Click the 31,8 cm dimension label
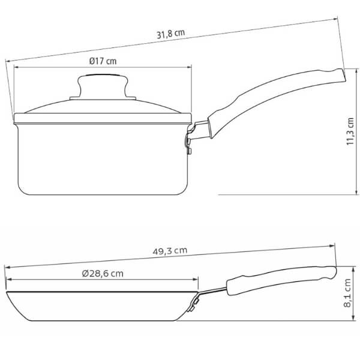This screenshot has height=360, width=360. pos(170,34)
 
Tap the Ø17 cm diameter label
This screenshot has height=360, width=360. pos(103,61)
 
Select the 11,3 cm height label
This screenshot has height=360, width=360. pos(350,131)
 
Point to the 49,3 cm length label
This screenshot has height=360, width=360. pos(170,251)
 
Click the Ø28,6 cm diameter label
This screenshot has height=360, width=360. pos(103,274)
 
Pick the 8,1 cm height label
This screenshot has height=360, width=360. pos(347,293)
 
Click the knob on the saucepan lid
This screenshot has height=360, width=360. pos(103,87)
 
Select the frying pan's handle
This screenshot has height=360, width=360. pos(281,280)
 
